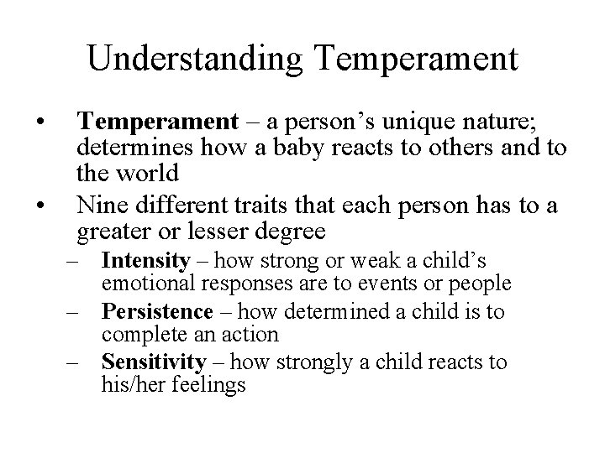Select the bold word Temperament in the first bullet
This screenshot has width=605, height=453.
pos(157,123)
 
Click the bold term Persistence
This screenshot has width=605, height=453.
pos(157,313)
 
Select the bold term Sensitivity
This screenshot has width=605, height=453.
pos(154,362)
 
